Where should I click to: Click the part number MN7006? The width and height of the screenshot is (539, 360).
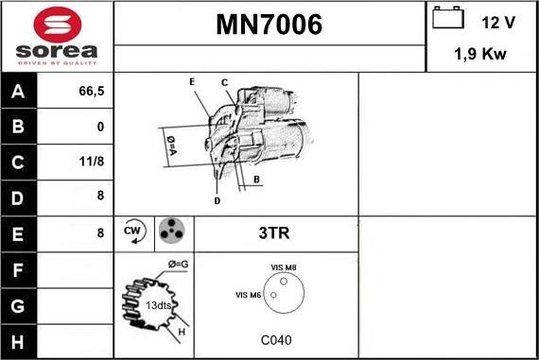[269, 26]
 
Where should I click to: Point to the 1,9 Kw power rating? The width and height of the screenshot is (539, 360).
[480, 54]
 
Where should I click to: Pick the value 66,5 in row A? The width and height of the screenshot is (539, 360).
[89, 92]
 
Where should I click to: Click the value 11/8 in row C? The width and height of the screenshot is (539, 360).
[93, 162]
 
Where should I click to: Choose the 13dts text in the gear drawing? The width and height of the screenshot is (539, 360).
[158, 305]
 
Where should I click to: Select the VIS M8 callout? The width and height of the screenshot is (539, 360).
[284, 268]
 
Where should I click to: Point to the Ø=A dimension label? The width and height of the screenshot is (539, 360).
[172, 145]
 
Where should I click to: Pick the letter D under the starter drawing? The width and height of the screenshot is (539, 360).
[217, 200]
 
